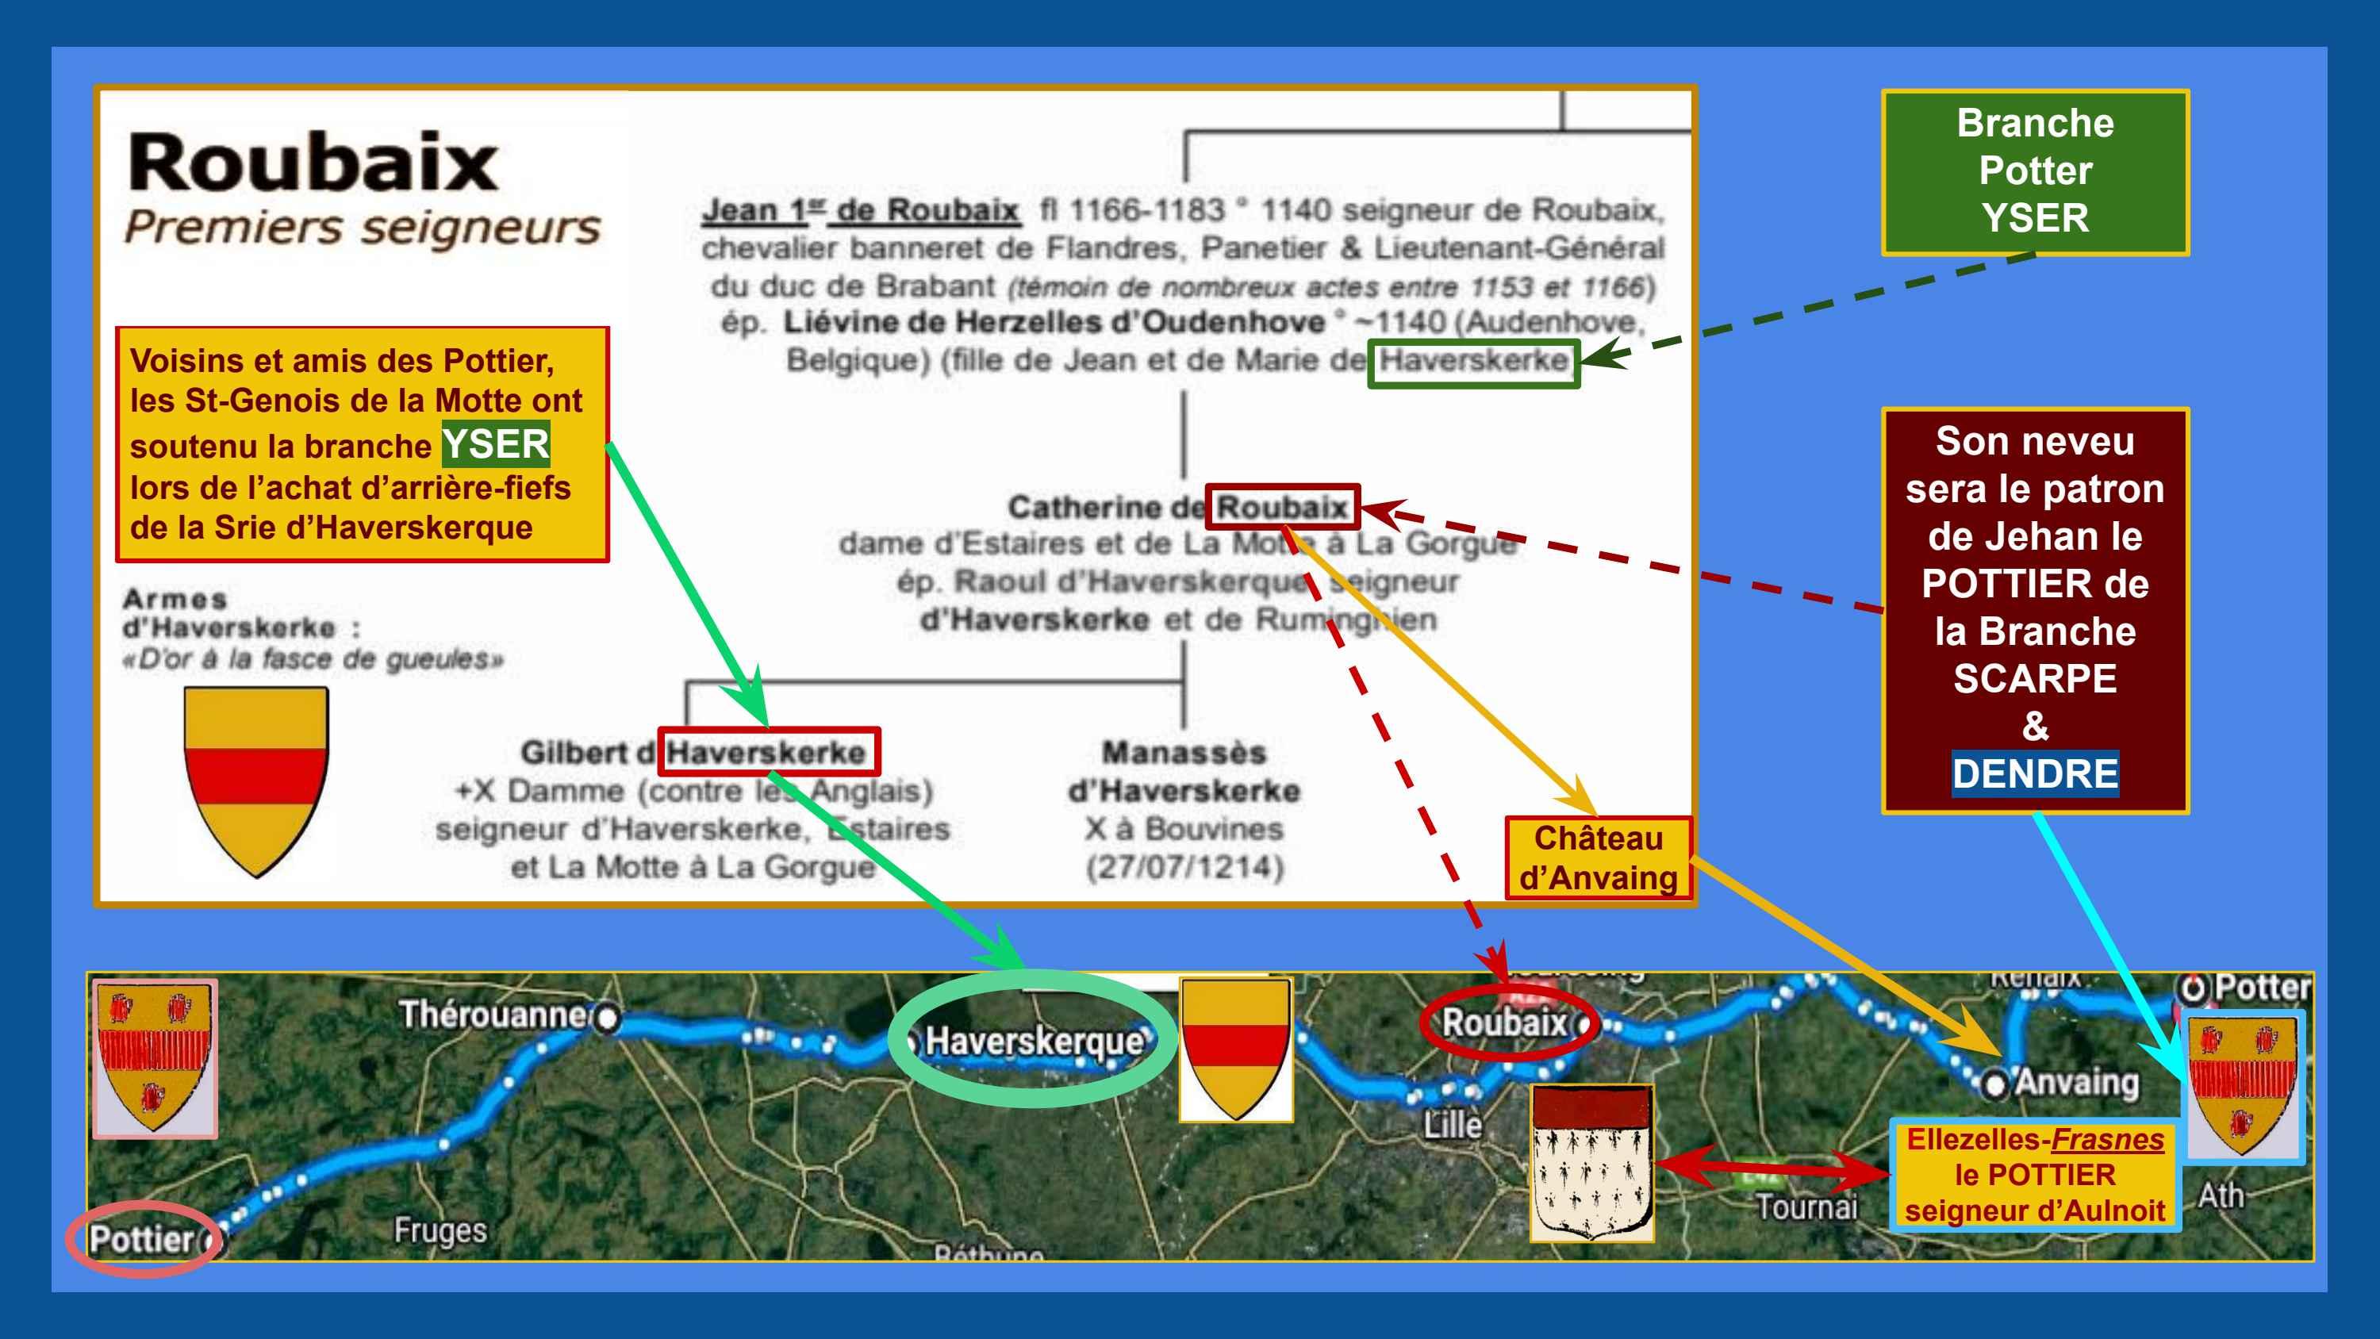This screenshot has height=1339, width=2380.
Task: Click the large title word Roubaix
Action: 313,163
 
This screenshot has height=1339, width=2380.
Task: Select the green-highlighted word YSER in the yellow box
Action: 495,444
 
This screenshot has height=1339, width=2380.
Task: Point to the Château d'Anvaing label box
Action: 1599,858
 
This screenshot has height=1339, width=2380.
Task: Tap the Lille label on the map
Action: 1453,1125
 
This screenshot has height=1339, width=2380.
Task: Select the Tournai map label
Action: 1806,1206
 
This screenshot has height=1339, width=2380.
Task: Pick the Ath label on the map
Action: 2221,1195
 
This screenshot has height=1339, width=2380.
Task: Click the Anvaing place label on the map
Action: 2075,1081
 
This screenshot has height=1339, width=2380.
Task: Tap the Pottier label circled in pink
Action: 141,1239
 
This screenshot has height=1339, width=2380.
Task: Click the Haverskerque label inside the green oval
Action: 1034,1041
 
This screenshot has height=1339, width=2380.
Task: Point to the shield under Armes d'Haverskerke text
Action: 256,778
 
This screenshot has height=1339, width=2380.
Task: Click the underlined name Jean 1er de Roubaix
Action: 859,211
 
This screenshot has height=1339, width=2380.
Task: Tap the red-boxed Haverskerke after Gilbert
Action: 767,752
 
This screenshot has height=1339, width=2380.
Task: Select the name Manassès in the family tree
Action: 1184,752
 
